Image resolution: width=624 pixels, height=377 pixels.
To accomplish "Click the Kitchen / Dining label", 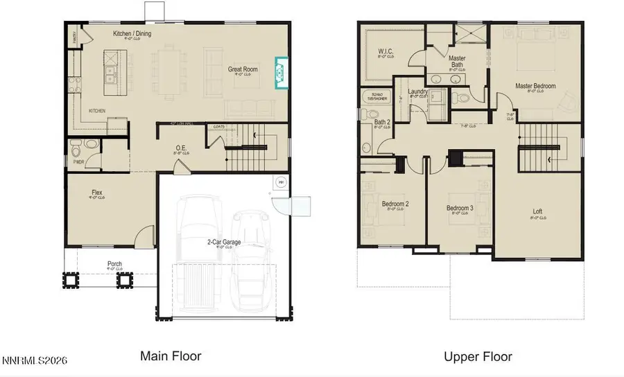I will point(132,34).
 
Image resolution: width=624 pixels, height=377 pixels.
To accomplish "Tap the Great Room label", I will point(244,69).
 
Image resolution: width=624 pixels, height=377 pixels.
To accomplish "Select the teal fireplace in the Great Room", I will point(280,73).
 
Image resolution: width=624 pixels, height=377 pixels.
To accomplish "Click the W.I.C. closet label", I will point(385,52).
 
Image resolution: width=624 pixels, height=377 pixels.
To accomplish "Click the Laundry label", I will point(417,91).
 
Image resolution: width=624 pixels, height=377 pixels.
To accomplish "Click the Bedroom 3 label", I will point(460,208).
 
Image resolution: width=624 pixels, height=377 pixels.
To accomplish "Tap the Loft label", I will point(537,212).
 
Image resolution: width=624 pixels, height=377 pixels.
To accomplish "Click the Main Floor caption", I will point(171,356).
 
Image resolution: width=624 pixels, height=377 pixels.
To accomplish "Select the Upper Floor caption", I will point(478,357).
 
